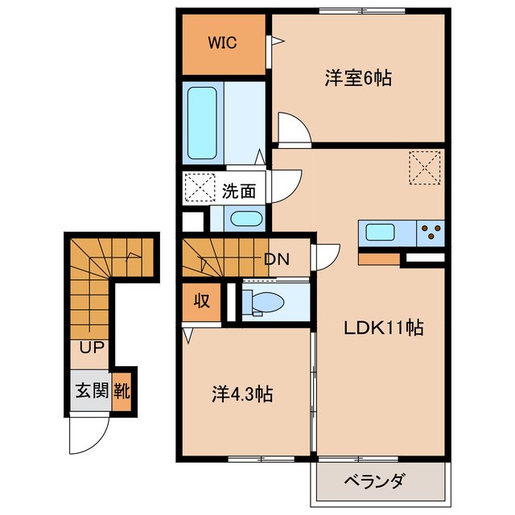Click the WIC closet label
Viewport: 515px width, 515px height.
[224, 43]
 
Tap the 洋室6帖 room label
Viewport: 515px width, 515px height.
[358, 78]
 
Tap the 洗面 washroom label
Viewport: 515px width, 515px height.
[239, 192]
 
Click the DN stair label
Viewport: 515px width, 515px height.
[276, 259]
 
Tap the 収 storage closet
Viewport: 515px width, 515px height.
[201, 302]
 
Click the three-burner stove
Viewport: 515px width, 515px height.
[431, 233]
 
